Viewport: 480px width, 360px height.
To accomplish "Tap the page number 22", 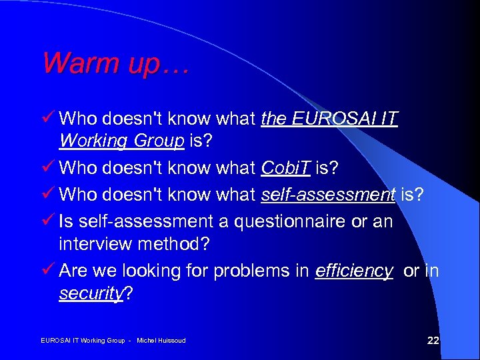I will point(433,341).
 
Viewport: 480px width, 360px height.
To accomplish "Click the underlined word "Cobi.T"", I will point(285,169).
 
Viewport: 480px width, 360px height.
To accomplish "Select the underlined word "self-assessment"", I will point(327,194).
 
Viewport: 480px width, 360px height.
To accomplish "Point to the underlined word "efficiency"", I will point(353,271).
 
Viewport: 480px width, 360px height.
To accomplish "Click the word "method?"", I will point(177,244).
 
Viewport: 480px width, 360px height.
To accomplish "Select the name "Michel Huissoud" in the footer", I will point(161,341).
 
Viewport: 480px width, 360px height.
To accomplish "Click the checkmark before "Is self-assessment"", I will point(48,219).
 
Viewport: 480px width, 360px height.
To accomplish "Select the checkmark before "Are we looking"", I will point(48,270).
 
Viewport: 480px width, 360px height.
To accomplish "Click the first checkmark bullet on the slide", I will point(48,118).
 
